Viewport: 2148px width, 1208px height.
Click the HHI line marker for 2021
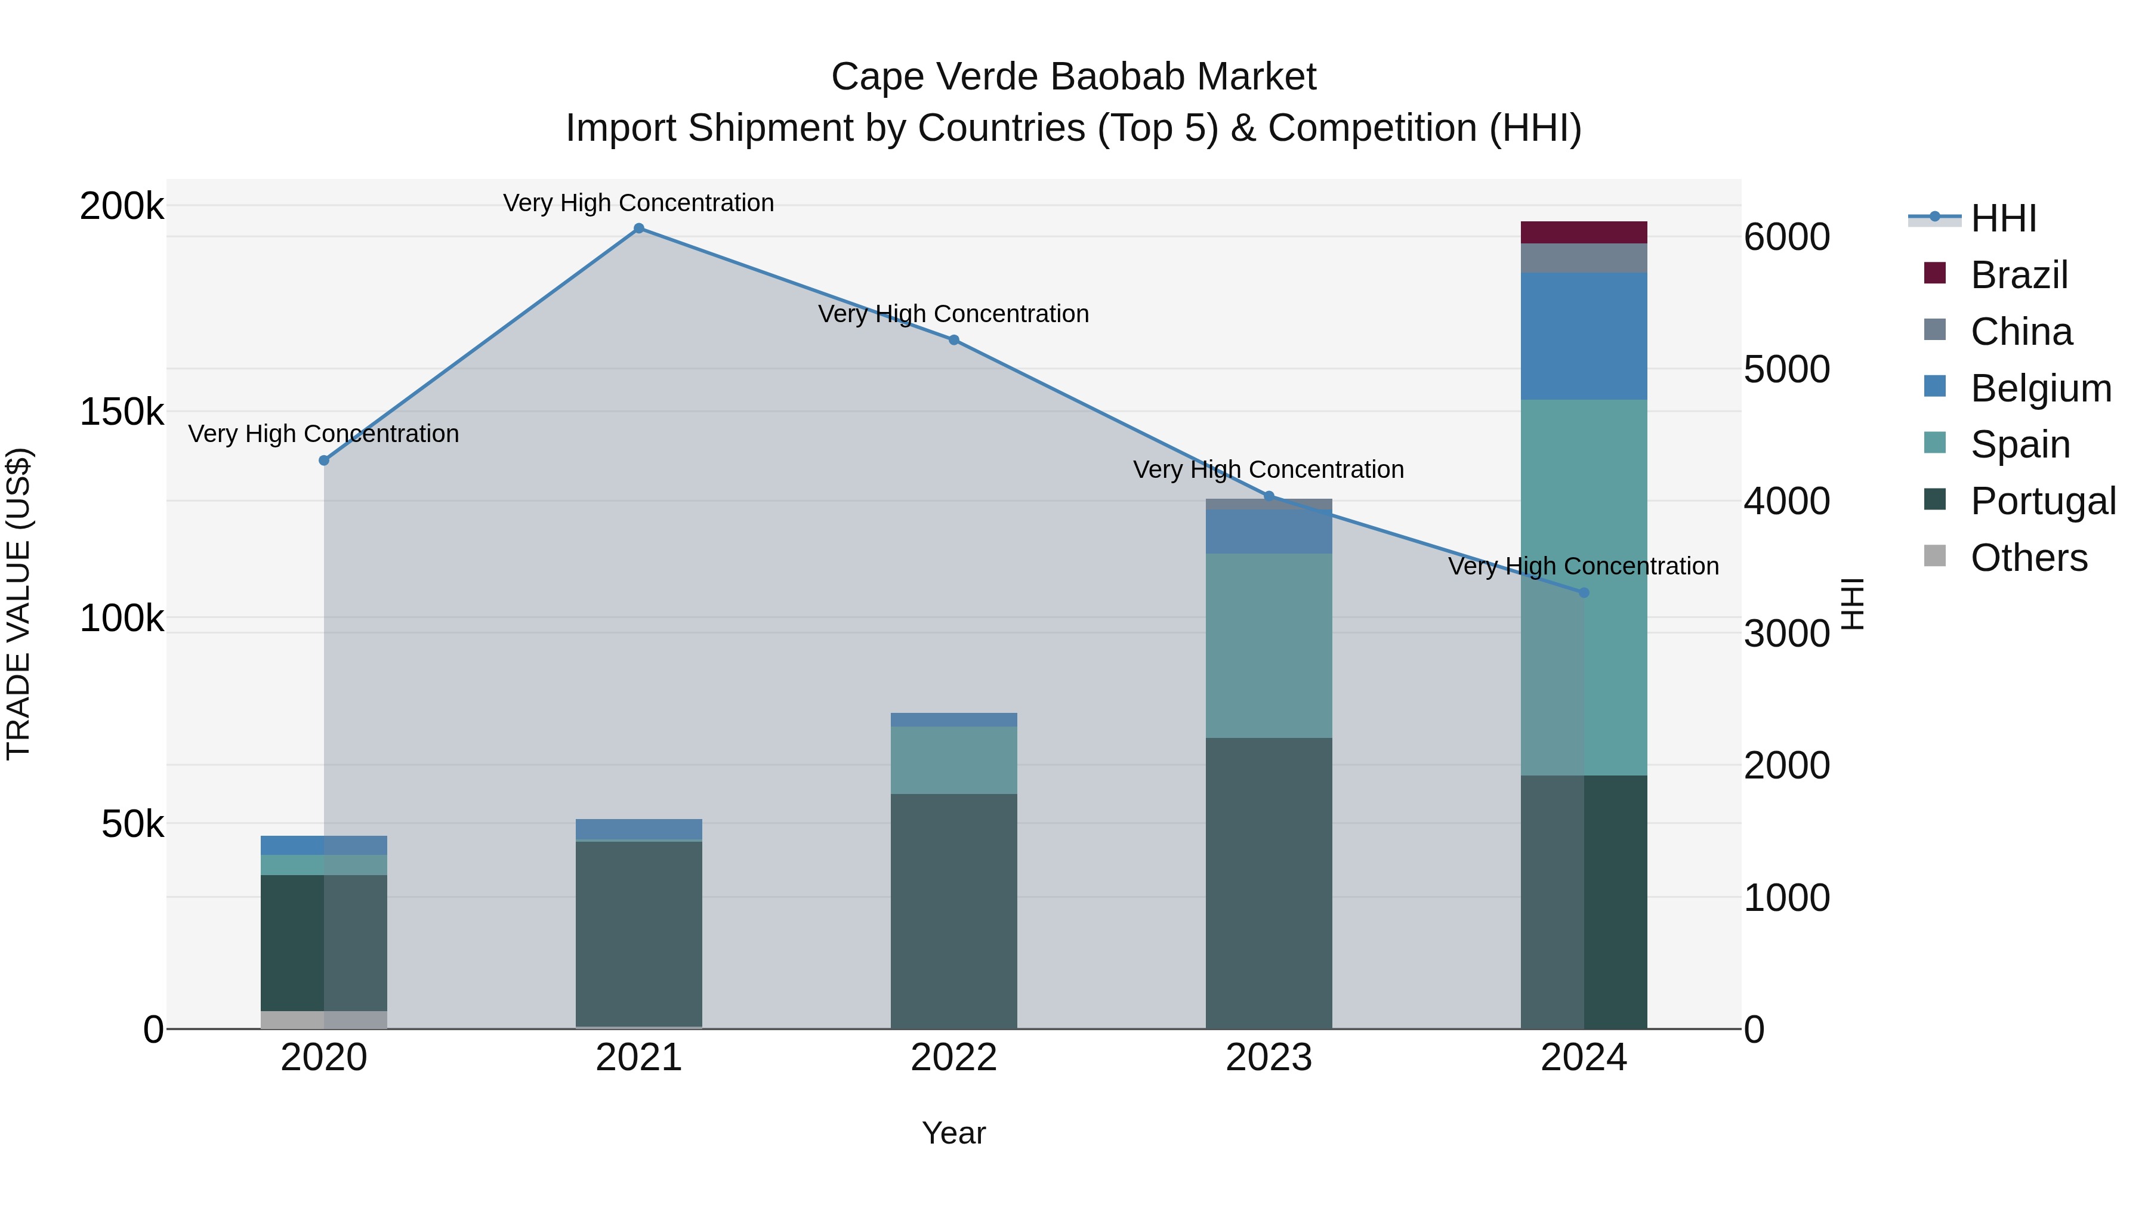[x=638, y=228]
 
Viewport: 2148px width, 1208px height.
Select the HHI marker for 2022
[x=954, y=340]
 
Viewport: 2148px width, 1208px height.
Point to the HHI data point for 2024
[x=1584, y=593]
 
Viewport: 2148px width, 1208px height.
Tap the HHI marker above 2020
[x=325, y=460]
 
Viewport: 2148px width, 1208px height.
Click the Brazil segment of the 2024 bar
[x=1584, y=233]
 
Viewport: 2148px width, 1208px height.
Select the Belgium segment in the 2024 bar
[x=1584, y=336]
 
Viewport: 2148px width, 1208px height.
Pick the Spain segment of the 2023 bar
[x=1269, y=645]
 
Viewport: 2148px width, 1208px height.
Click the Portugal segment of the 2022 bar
[x=954, y=910]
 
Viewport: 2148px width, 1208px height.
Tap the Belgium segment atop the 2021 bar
[x=638, y=830]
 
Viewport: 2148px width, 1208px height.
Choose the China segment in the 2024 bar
[x=1584, y=258]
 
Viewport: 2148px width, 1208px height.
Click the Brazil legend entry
[x=2019, y=275]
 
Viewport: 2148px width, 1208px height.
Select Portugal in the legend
[x=2043, y=501]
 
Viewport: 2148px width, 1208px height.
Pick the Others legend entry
[x=2028, y=558]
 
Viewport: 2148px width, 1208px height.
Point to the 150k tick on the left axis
[x=122, y=412]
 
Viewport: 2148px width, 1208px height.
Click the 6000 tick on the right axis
[x=1787, y=237]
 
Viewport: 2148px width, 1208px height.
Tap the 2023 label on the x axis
[x=1269, y=1058]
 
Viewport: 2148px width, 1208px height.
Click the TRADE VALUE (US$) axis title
[x=19, y=604]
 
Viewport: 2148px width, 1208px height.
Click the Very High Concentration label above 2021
[x=638, y=203]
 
